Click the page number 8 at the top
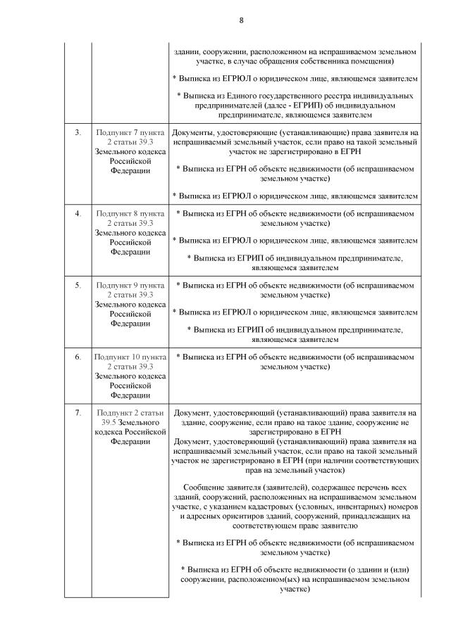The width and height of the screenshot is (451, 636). coord(240,20)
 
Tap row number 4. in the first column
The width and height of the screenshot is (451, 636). coord(78,212)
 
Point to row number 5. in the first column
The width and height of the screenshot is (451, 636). coord(78,285)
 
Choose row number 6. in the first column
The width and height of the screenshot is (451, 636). coord(78,357)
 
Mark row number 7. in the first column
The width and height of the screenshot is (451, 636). coord(78,412)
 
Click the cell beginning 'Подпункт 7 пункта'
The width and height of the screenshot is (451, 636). coord(130,151)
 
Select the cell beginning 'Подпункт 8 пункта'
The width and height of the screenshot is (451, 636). coord(130,231)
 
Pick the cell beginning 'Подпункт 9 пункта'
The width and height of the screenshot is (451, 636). coord(130,304)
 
